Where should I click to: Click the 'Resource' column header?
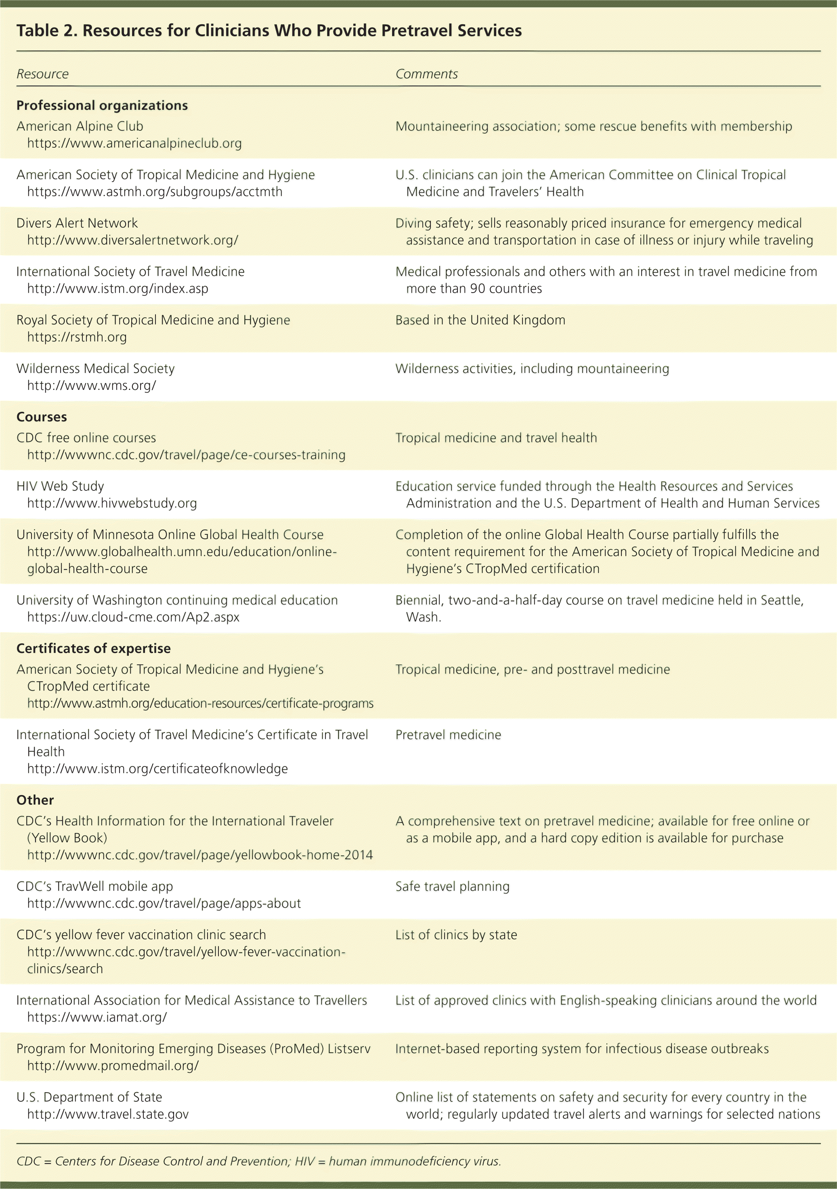point(42,74)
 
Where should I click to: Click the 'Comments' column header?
point(426,74)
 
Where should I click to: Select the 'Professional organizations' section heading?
point(102,106)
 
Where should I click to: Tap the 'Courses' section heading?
point(42,417)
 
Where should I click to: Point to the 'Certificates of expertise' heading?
point(93,648)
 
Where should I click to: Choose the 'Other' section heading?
point(35,800)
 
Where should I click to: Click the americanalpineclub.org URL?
point(134,143)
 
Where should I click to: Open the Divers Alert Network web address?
point(132,240)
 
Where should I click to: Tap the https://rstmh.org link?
point(77,337)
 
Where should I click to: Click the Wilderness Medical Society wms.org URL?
point(91,386)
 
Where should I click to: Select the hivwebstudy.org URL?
point(112,503)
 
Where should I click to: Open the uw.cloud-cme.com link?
point(133,617)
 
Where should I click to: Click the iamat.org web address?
point(97,1017)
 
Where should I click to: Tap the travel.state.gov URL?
point(108,1114)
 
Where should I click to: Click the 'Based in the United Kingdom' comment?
point(480,320)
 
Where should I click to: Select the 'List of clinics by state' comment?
point(456,935)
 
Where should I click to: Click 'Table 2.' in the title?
point(46,31)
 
